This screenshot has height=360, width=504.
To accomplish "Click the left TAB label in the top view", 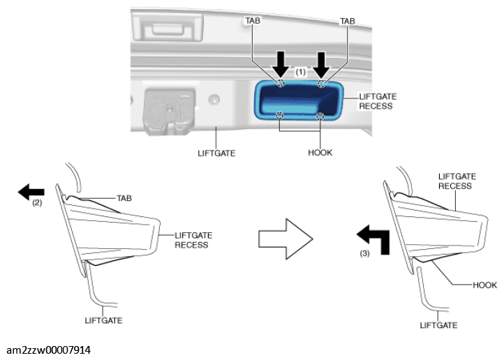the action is (253, 20).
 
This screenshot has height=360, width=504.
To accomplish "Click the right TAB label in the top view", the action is (348, 21).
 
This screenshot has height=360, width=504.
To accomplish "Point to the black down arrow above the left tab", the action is (281, 64).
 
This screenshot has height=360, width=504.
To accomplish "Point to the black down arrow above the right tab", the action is (321, 65).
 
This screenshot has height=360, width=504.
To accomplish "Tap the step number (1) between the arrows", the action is (301, 72).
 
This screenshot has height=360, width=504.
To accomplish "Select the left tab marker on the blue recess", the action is (281, 83).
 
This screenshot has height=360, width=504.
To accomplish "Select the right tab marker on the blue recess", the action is (321, 84).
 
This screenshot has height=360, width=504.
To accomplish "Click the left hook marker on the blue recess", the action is (280, 115).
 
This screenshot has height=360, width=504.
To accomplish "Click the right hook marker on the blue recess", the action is (320, 116).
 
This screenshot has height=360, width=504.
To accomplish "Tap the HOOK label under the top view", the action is (320, 153).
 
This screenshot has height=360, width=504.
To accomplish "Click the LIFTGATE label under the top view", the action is (216, 153).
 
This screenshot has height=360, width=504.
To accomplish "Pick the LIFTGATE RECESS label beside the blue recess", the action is (378, 101).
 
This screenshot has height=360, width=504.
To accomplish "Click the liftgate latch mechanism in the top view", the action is (170, 111).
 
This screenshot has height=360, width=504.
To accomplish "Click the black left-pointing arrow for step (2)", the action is (31, 192).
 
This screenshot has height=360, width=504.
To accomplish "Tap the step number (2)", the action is (37, 202).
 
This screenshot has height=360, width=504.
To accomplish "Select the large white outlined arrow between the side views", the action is (286, 239).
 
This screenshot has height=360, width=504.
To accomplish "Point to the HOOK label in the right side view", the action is (484, 285).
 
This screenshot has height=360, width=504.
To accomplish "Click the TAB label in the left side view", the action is (124, 198).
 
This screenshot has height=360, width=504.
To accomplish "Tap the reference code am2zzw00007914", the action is (49, 350).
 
